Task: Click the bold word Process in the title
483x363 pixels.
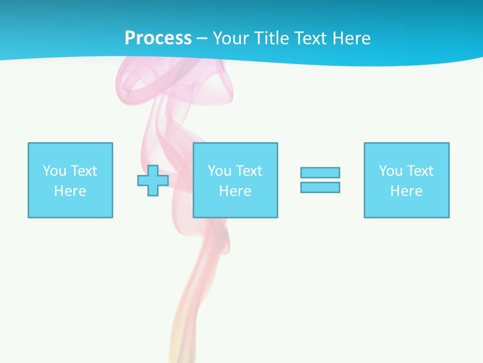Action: point(158,38)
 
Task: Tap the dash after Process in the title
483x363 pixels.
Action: point(202,38)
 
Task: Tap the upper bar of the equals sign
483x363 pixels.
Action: point(320,172)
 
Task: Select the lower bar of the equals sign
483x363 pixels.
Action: point(320,187)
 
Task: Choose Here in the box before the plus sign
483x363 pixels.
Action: point(70,191)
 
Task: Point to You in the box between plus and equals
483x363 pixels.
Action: point(219,171)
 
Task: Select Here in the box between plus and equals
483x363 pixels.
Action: point(235,191)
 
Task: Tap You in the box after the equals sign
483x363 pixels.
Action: point(390,171)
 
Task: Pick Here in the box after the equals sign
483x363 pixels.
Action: point(406,191)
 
